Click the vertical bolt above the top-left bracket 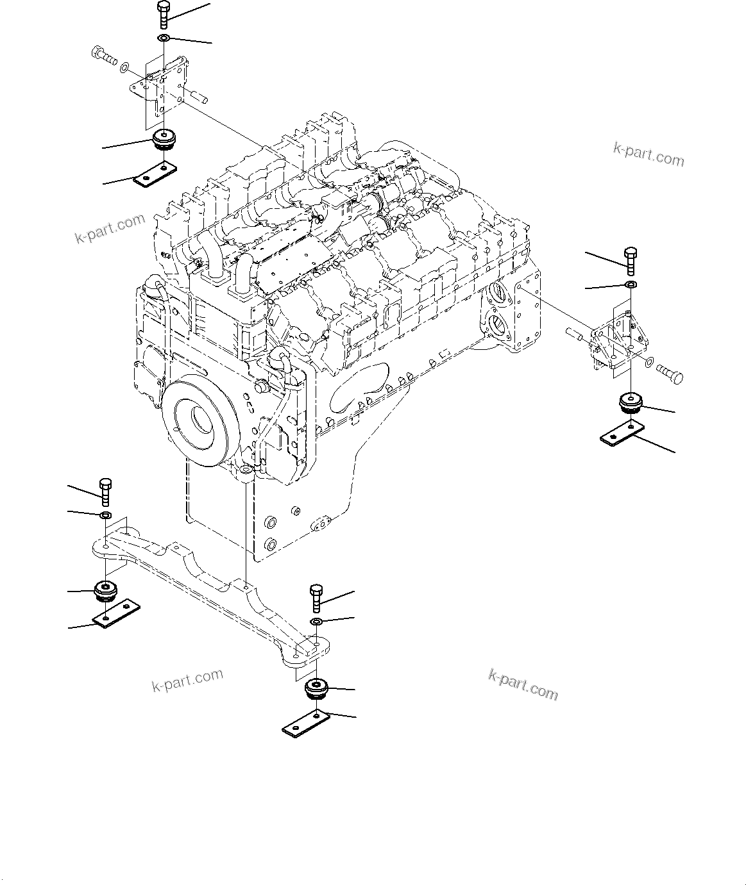pos(162,14)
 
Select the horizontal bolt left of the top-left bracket pos(103,56)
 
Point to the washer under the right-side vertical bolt pos(631,284)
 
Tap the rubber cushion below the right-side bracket pos(631,404)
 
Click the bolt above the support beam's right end pos(317,597)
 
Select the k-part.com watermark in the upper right pos(649,154)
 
